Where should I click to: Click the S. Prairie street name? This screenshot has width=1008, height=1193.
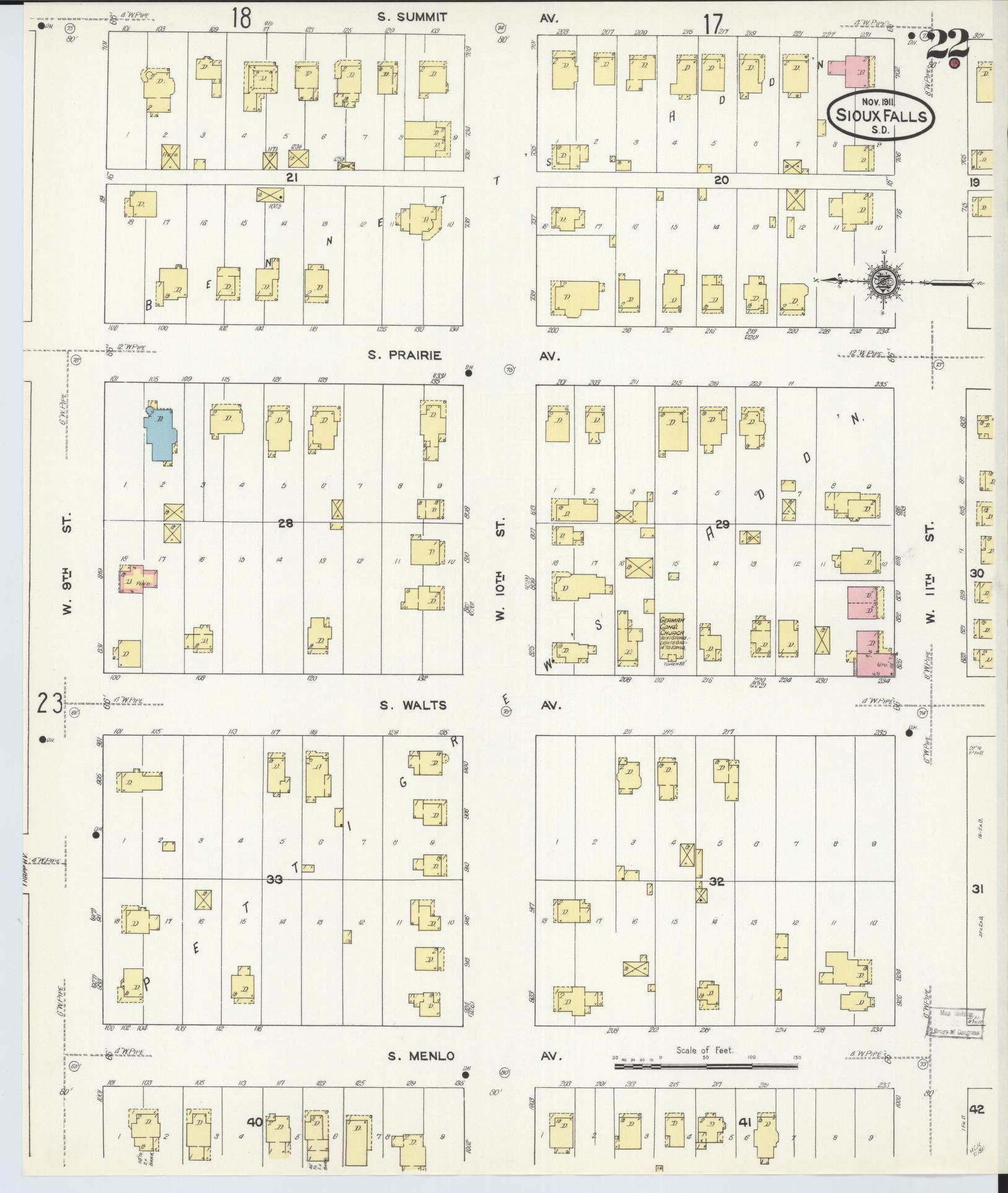click(404, 355)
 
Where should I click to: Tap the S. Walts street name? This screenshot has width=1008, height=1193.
click(408, 705)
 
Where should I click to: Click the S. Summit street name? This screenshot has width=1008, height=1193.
click(412, 17)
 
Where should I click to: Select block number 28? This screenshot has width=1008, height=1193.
click(285, 524)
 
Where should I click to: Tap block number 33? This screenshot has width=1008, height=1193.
click(274, 879)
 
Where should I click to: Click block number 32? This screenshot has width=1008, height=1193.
click(716, 882)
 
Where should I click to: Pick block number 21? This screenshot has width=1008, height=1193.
click(292, 177)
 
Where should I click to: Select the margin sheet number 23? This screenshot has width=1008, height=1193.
click(50, 703)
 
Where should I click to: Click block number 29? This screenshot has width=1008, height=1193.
click(722, 525)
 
